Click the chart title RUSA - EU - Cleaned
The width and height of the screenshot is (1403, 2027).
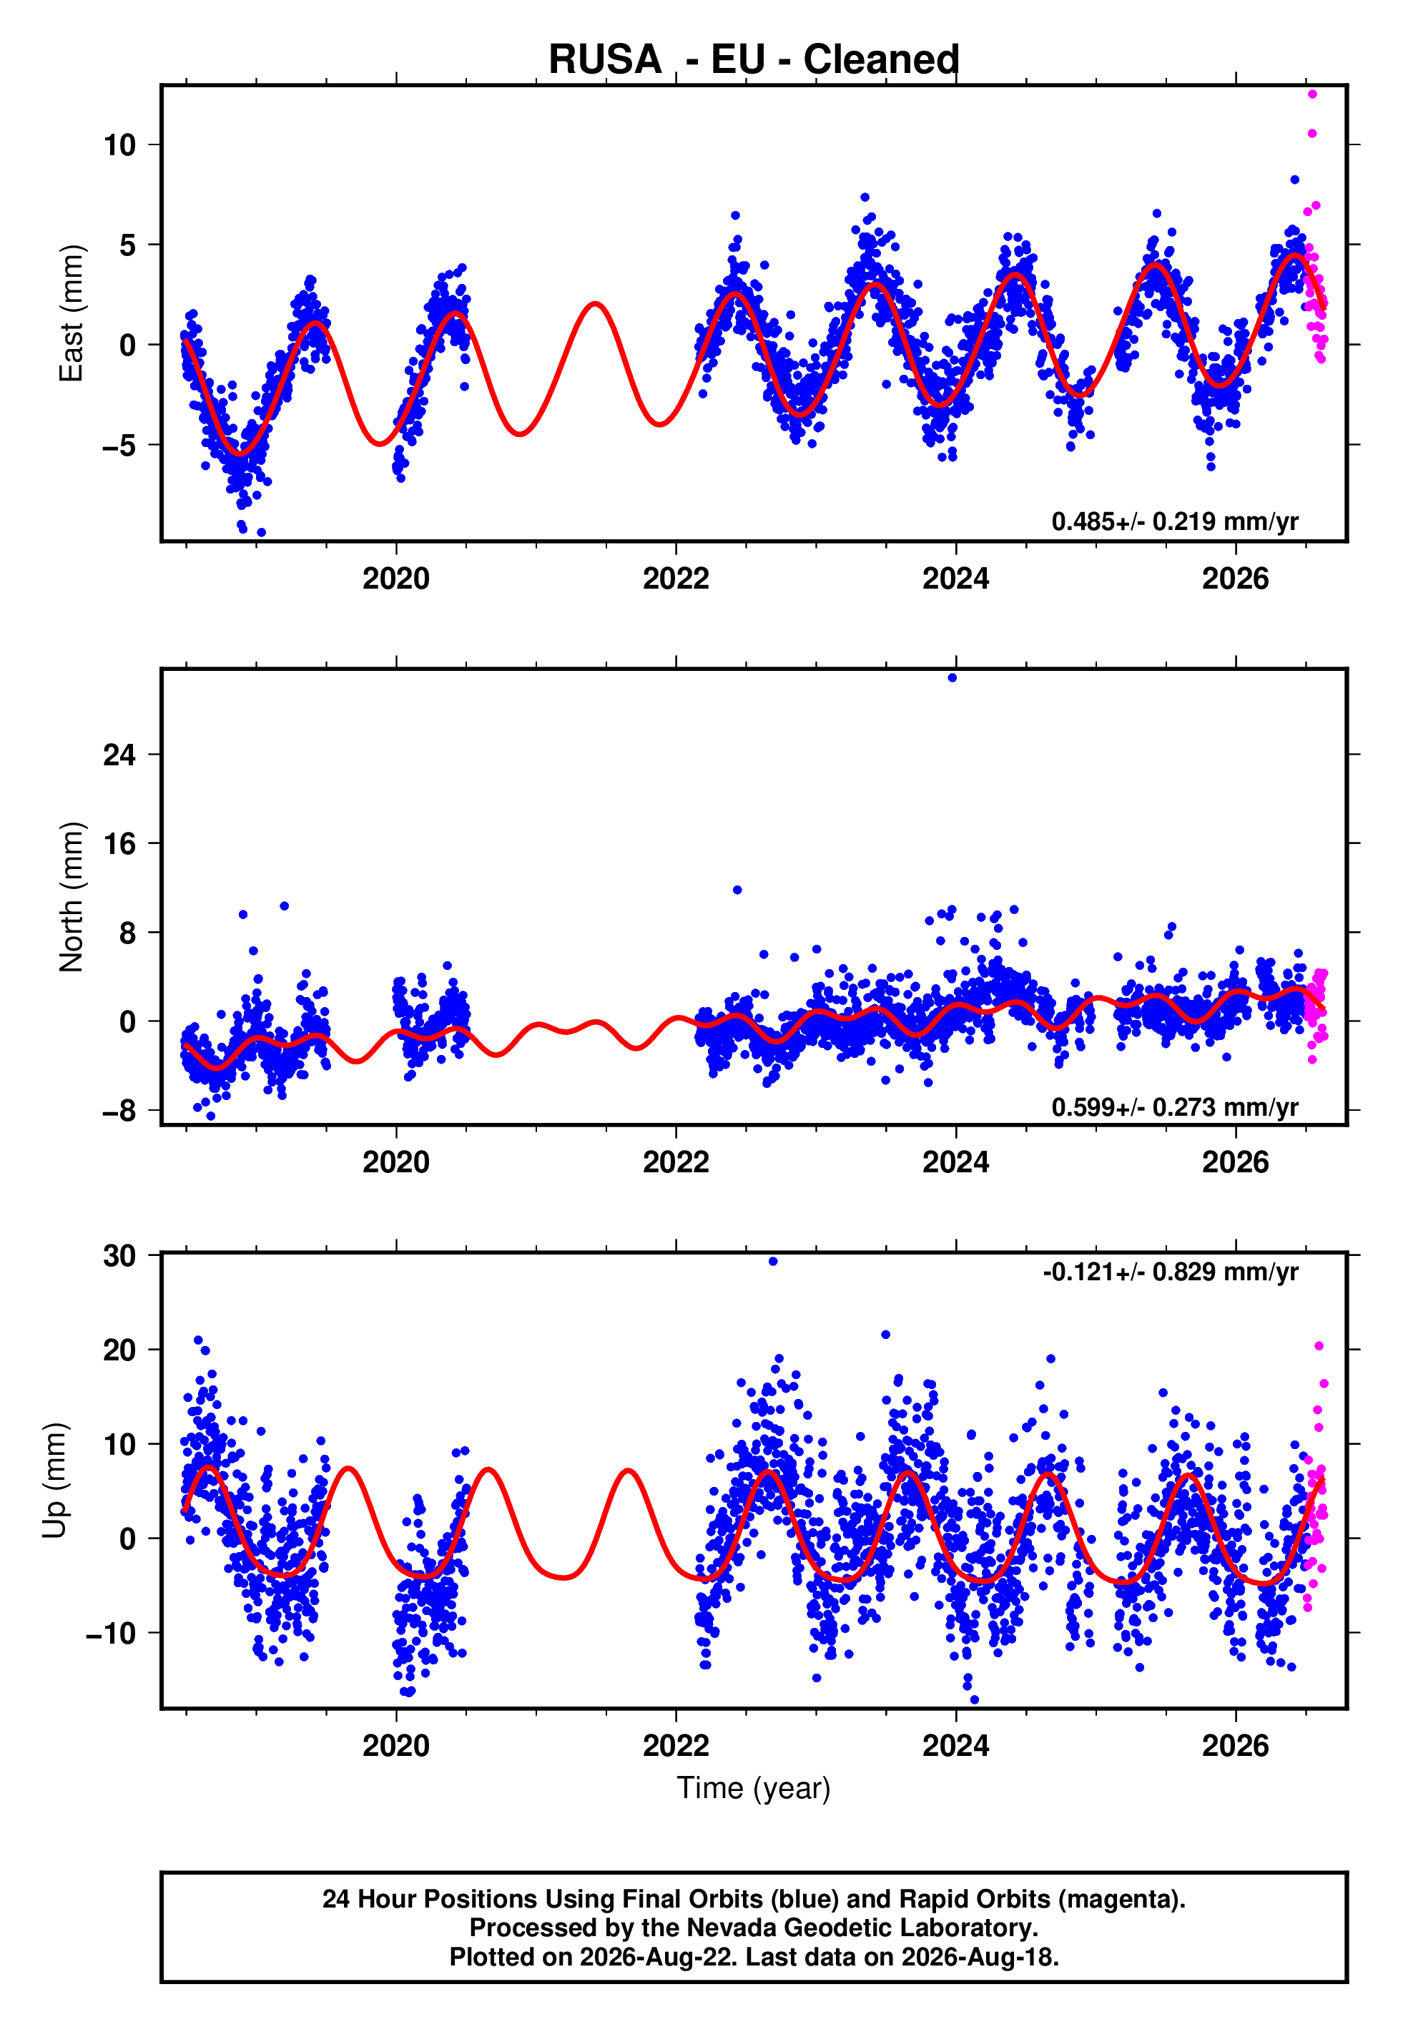754,60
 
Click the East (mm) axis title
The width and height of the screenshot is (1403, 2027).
72,314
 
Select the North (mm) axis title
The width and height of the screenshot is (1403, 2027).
72,897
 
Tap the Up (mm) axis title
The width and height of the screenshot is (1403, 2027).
54,1479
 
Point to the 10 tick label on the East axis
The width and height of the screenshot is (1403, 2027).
119,145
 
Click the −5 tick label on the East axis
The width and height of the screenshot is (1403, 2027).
119,446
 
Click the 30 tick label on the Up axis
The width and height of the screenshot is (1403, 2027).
119,1256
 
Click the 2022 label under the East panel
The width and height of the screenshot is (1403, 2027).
676,579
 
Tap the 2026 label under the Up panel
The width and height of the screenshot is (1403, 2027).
1235,1746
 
